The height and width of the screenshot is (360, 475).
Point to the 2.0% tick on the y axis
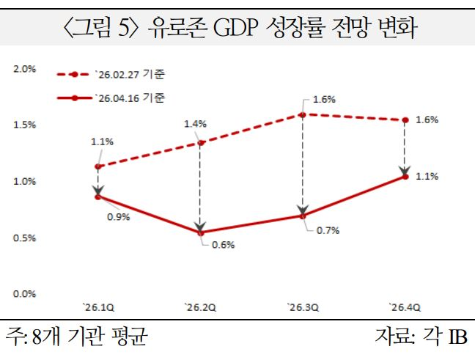pyautogui.click(x=24, y=69)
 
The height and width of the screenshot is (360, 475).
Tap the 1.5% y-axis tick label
pyautogui.click(x=24, y=125)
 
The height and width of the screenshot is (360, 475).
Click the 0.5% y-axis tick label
pyautogui.click(x=24, y=238)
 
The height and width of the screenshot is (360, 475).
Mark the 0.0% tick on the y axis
pyautogui.click(x=24, y=294)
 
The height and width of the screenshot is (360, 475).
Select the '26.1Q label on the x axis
pyautogui.click(x=98, y=307)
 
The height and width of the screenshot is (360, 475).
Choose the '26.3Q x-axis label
pyautogui.click(x=302, y=307)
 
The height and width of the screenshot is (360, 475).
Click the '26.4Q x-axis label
pyautogui.click(x=404, y=307)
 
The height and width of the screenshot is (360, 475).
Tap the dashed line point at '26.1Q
pyautogui.click(x=98, y=166)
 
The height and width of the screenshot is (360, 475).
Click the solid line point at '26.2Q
pyautogui.click(x=200, y=232)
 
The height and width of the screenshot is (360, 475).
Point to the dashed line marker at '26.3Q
pyautogui.click(x=302, y=114)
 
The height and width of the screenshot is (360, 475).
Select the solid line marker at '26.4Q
pyautogui.click(x=405, y=176)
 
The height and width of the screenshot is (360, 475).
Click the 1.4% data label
pyautogui.click(x=196, y=125)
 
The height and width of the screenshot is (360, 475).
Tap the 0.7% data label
pyautogui.click(x=328, y=230)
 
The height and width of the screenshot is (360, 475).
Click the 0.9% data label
pyautogui.click(x=118, y=216)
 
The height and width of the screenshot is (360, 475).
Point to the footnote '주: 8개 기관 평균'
pyautogui.click(x=77, y=339)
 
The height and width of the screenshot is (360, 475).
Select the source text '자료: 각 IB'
pyautogui.click(x=420, y=339)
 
